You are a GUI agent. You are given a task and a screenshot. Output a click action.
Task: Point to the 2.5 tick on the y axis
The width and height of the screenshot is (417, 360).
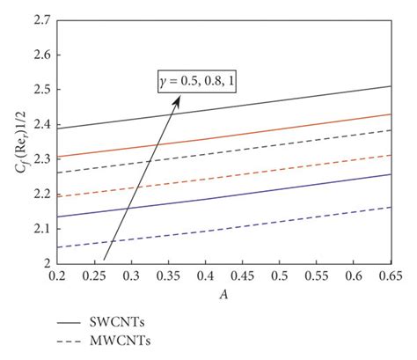[x=40, y=90]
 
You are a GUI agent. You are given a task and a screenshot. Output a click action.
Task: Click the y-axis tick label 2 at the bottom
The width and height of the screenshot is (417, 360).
[x=45, y=263]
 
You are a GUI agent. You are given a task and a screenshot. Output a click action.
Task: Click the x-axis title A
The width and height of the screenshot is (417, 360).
[x=225, y=294]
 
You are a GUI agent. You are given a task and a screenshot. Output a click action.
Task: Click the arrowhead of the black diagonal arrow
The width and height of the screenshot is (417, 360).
[x=179, y=99]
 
